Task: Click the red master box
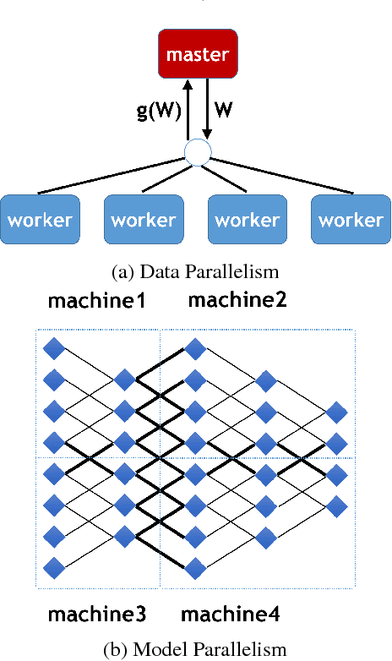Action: click(x=196, y=56)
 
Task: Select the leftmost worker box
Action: click(x=40, y=220)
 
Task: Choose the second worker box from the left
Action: click(x=144, y=220)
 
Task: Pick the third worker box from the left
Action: click(x=248, y=220)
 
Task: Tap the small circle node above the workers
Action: click(x=197, y=153)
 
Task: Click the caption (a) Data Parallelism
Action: click(x=196, y=271)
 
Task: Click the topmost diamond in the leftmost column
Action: click(x=55, y=347)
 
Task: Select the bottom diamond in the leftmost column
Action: click(x=55, y=567)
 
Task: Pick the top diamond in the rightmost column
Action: click(x=336, y=411)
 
